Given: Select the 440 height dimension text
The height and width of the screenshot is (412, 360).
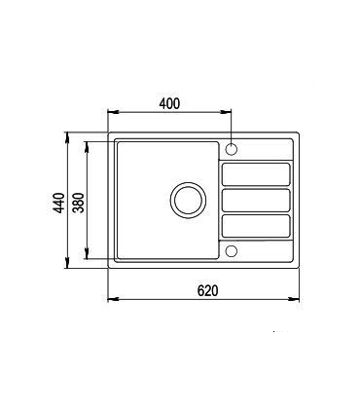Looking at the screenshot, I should click(x=58, y=202).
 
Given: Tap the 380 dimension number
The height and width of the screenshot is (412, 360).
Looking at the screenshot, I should click(x=78, y=202).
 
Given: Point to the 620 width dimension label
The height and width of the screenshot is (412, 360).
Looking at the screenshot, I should click(x=205, y=289).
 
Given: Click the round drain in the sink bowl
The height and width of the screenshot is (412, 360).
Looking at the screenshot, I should click(x=188, y=199).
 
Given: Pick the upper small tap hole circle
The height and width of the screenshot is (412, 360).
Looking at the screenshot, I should click(x=232, y=149).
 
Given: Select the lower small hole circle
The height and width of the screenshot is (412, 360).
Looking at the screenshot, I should click(x=232, y=251).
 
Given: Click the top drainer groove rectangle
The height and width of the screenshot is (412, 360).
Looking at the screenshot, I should click(x=257, y=173).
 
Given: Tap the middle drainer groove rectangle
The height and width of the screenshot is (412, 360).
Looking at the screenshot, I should click(x=257, y=200).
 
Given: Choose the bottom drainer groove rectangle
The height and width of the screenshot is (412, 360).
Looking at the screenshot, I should click(x=257, y=226).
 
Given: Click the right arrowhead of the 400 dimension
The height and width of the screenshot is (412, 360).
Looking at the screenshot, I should click(x=228, y=113).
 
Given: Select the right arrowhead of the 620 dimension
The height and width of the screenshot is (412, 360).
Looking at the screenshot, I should click(x=297, y=299).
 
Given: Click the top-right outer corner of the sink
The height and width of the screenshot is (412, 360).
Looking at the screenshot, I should click(x=299, y=133).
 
